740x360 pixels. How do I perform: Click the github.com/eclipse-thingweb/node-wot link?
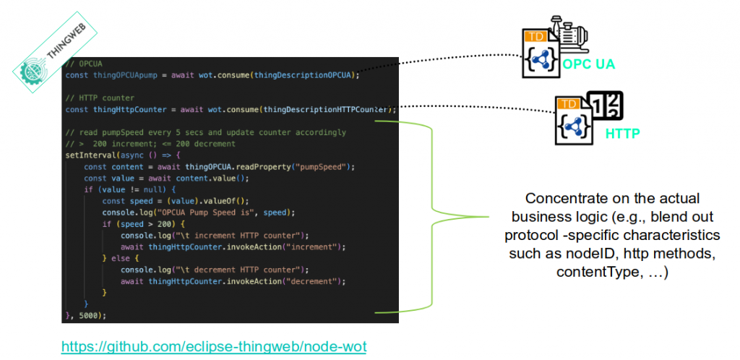click(214, 347)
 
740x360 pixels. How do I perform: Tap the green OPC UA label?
click(589, 64)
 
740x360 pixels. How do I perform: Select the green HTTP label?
click(623, 134)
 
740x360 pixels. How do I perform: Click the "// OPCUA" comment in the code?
click(80, 64)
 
